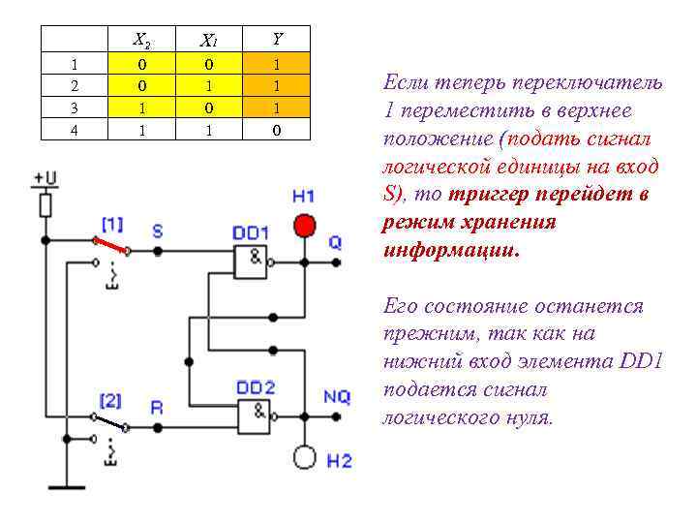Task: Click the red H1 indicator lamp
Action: [x=304, y=226]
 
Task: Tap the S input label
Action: [x=158, y=231]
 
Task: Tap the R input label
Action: [x=158, y=408]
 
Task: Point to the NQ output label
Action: [x=337, y=397]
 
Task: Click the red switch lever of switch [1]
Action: [x=110, y=244]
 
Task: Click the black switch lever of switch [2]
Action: [x=109, y=421]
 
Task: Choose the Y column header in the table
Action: [x=277, y=39]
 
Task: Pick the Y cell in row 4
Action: [x=277, y=129]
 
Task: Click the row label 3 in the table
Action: [x=75, y=108]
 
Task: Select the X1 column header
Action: [x=208, y=41]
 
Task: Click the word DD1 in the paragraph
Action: [x=638, y=362]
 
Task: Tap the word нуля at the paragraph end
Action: [x=528, y=418]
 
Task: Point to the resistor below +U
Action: [x=45, y=205]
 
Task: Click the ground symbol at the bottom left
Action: [x=67, y=486]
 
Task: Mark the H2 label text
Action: [x=339, y=461]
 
